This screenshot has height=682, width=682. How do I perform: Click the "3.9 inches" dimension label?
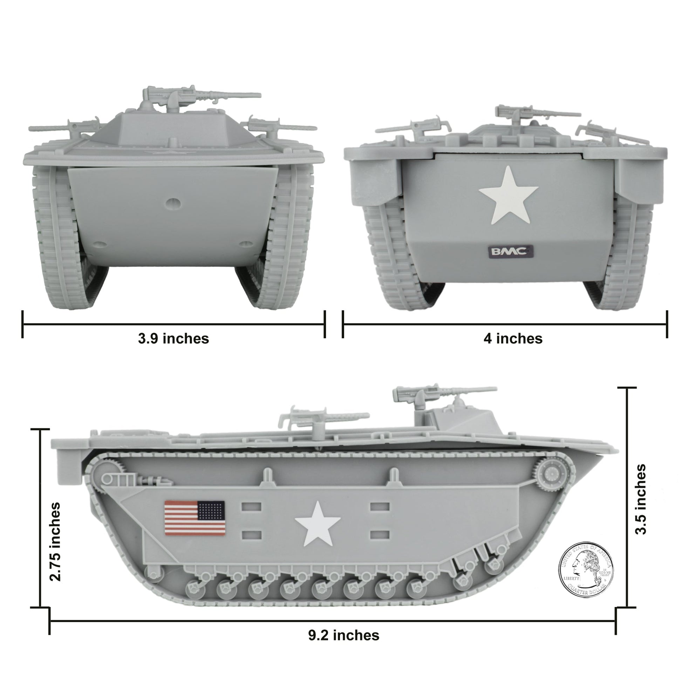click(x=173, y=339)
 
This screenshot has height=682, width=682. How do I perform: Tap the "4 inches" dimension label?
click(x=513, y=339)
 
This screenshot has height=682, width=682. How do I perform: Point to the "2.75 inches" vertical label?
click(x=55, y=542)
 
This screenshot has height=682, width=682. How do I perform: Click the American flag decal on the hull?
click(x=195, y=518)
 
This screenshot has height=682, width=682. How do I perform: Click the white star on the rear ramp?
click(x=508, y=195)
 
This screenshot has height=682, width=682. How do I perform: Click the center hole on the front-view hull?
click(x=173, y=203)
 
